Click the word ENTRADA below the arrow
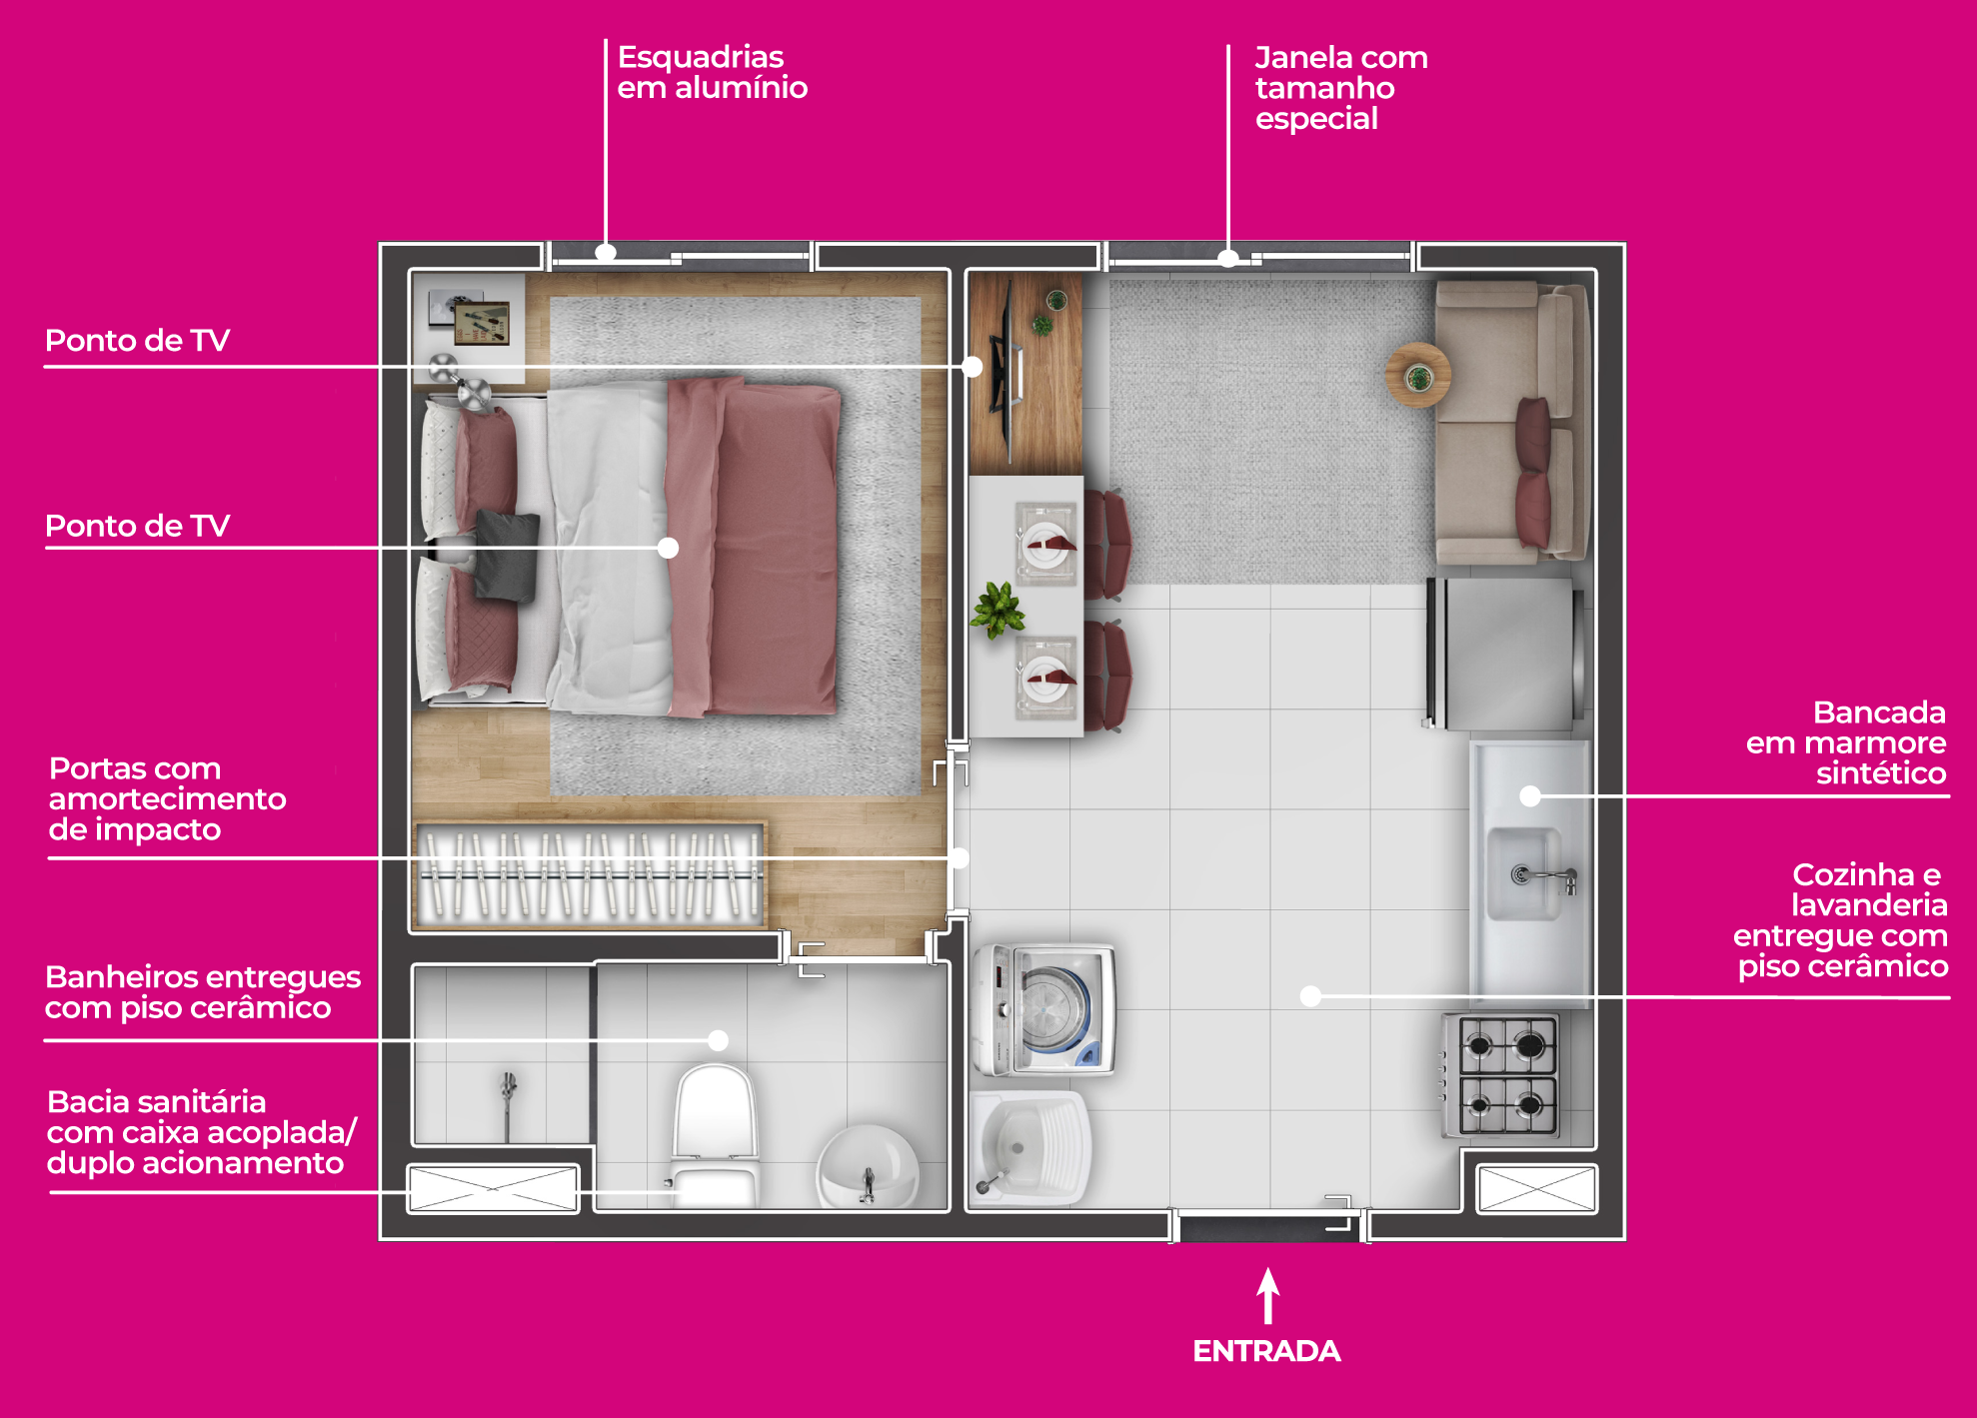tap(1266, 1351)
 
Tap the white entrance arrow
tap(1268, 1296)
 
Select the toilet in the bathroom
tap(714, 1134)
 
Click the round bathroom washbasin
tap(868, 1166)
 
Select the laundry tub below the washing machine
tap(1029, 1147)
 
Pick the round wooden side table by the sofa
tap(1418, 375)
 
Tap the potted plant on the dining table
tap(998, 609)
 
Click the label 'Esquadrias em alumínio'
tap(712, 72)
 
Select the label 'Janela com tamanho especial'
tap(1341, 88)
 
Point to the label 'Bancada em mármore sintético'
tap(1846, 742)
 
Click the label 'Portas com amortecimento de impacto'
tap(167, 798)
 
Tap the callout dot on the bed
tap(669, 548)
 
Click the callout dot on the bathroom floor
tap(718, 1040)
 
